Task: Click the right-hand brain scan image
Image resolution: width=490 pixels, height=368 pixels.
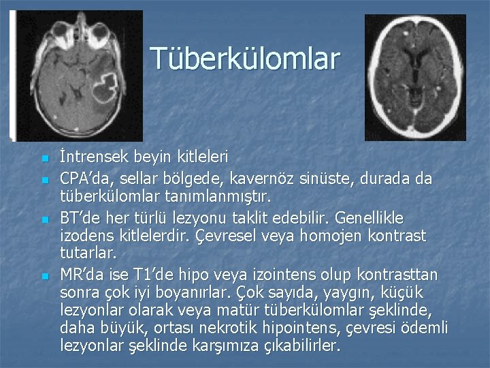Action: coord(415,78)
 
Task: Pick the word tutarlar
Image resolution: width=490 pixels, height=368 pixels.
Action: coord(88,254)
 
